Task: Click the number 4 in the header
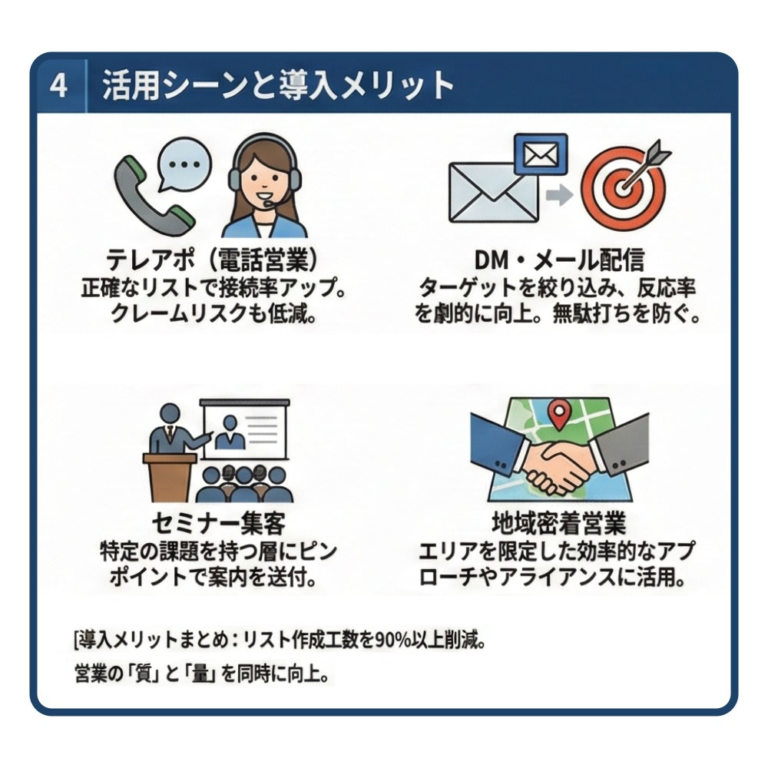point(58,87)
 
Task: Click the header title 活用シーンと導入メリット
point(277,86)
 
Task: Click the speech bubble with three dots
point(184,164)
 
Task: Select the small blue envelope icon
point(540,155)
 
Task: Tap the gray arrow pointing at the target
point(559,196)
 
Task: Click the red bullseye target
point(624,188)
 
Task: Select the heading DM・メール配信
point(559,260)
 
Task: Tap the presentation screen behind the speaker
point(244,429)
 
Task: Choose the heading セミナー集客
point(218,524)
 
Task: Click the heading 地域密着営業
point(559,524)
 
